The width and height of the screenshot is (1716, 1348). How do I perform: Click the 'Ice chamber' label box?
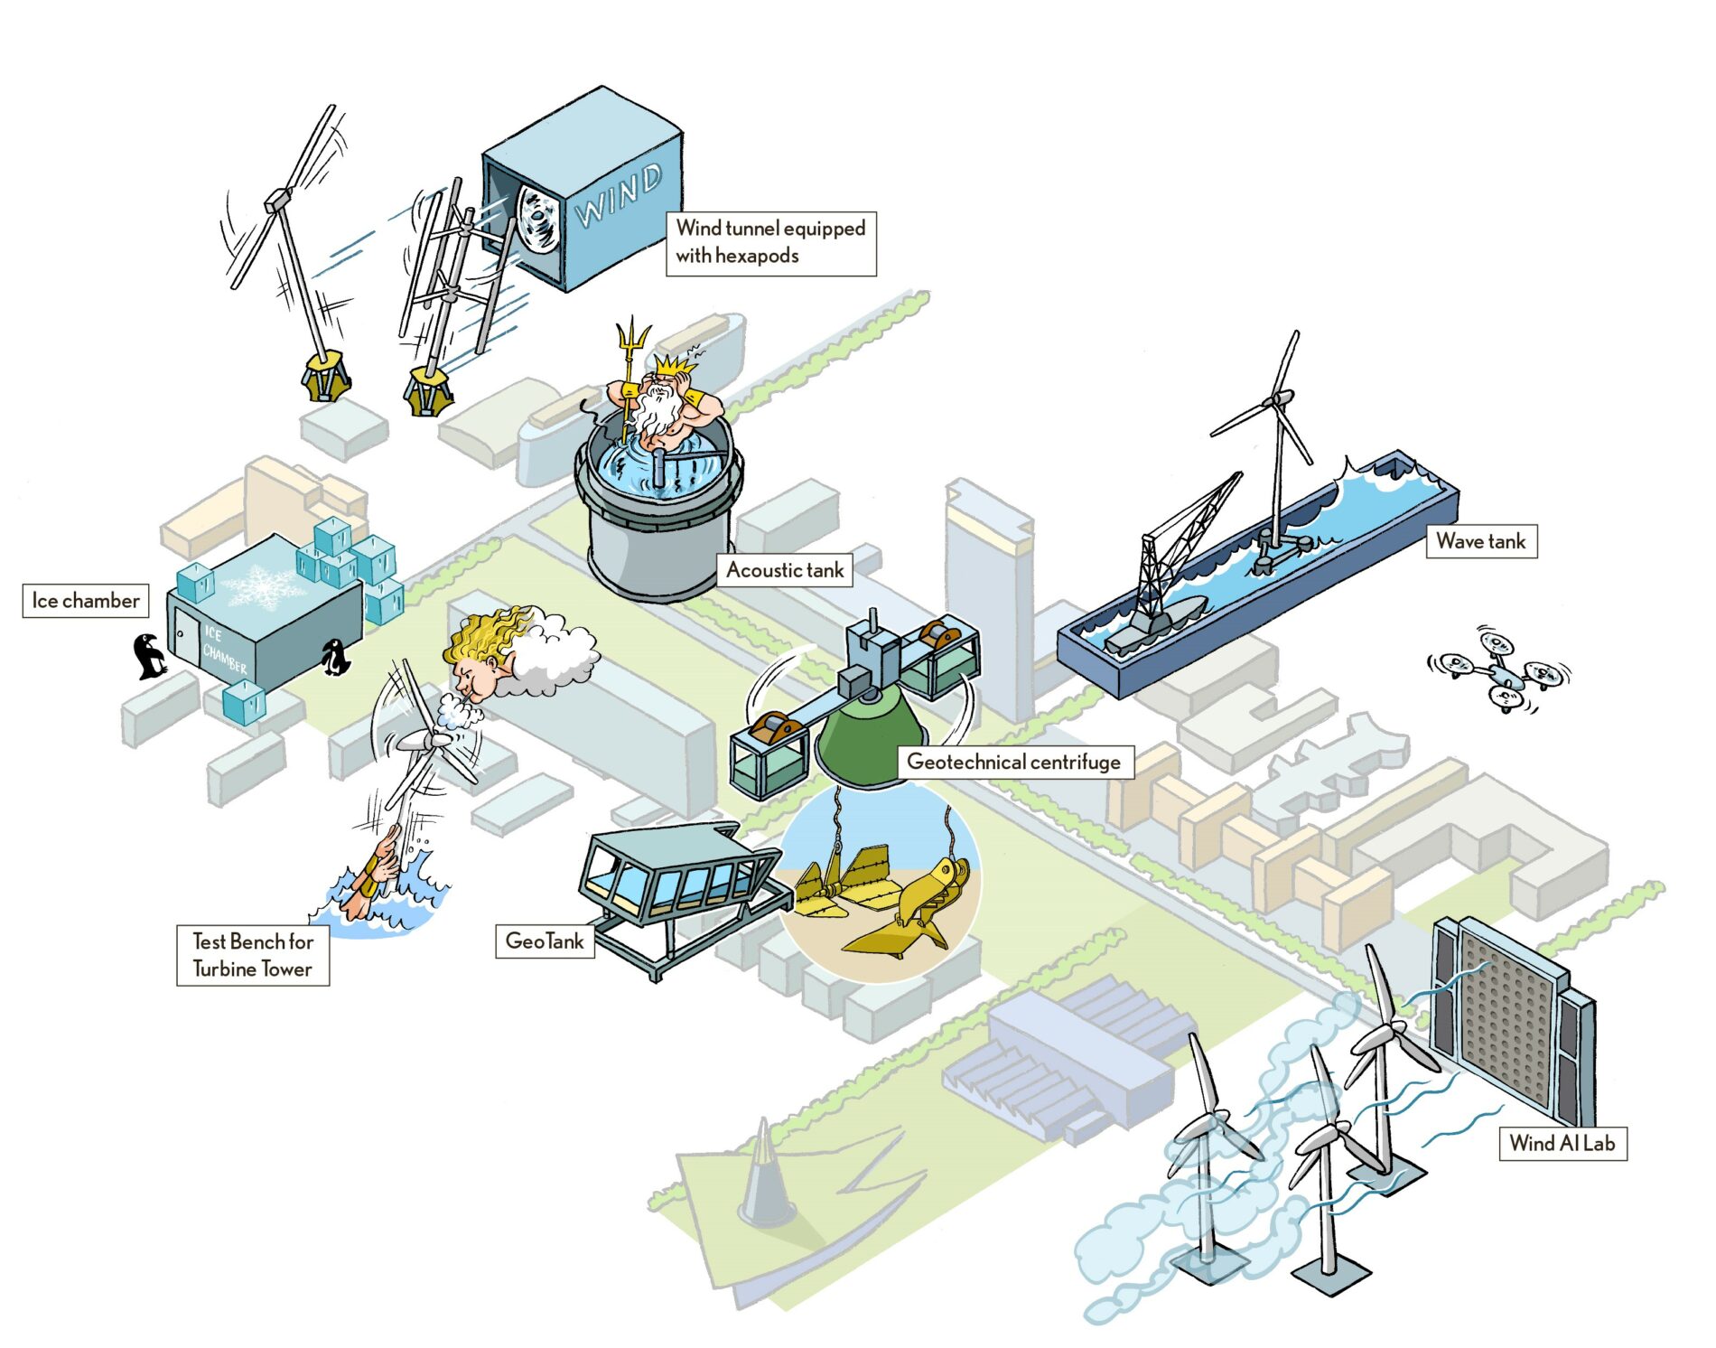click(86, 601)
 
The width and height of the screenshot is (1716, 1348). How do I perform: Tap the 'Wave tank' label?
click(1480, 541)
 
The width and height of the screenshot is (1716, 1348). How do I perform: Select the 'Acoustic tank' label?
click(785, 570)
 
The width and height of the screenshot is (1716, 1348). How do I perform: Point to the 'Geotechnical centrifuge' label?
click(1013, 762)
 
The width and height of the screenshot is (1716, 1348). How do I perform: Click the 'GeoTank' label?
click(545, 941)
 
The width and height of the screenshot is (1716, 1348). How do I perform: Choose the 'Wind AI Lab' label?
click(1562, 1143)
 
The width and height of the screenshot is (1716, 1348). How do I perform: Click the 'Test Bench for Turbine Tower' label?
click(253, 955)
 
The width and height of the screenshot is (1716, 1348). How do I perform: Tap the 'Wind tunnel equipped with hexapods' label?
click(770, 242)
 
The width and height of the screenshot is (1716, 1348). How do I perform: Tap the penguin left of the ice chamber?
click(149, 656)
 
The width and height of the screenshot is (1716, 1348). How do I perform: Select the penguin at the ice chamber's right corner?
click(336, 659)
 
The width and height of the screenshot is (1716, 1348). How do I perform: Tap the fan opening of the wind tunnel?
click(539, 219)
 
